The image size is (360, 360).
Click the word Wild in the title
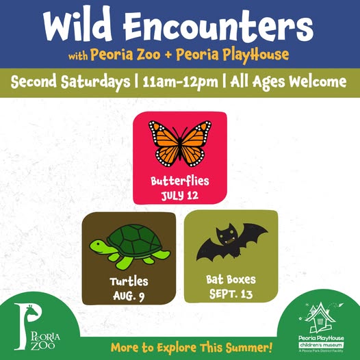(x=77, y=24)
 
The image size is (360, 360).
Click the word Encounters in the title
(x=218, y=26)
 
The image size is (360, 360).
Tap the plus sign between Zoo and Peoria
(x=168, y=55)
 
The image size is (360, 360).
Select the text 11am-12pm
(x=180, y=82)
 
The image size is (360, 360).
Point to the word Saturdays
(x=96, y=82)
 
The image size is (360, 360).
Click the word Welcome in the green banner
(x=318, y=81)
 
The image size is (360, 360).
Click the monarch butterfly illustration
(x=180, y=144)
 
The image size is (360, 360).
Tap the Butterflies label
(x=180, y=181)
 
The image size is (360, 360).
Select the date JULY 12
(x=179, y=196)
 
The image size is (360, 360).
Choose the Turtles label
(x=129, y=281)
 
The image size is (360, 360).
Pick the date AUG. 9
(x=129, y=296)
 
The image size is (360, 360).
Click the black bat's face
(x=227, y=236)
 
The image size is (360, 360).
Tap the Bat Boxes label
(x=231, y=279)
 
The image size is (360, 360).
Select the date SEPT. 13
(x=231, y=294)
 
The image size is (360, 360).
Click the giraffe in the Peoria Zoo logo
(x=32, y=313)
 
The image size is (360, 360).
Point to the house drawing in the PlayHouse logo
(x=320, y=318)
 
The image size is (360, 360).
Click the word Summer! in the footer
(x=249, y=348)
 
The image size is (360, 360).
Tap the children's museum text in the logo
(x=321, y=345)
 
